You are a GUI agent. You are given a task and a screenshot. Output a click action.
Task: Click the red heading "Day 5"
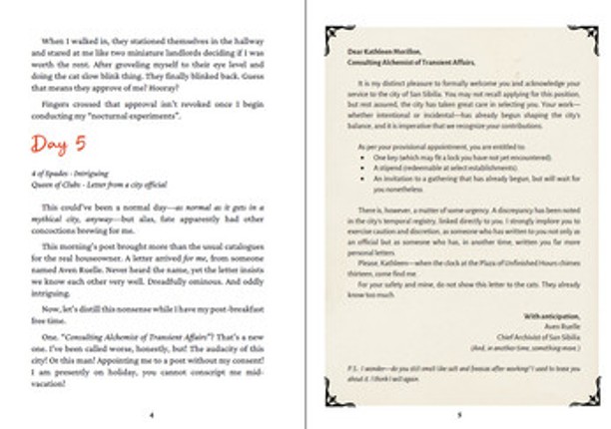coord(57,145)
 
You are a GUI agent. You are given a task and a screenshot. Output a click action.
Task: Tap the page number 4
coord(152,413)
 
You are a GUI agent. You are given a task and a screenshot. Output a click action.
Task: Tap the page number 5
coord(459,413)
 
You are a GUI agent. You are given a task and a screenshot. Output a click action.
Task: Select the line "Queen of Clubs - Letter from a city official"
coord(98,185)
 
